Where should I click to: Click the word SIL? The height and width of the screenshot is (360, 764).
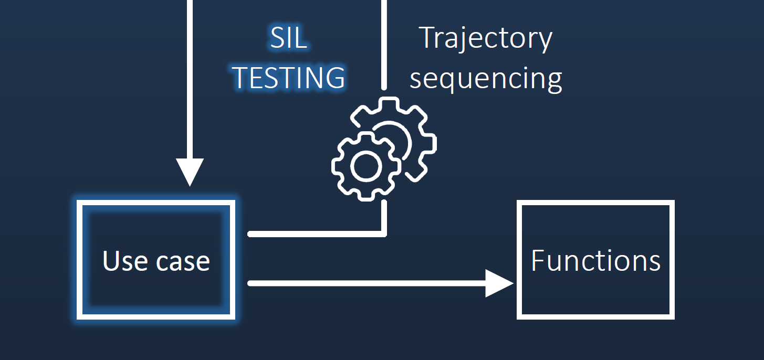[x=289, y=37]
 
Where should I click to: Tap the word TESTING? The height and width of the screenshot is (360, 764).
[x=289, y=78]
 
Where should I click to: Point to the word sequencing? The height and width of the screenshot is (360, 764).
[x=486, y=79]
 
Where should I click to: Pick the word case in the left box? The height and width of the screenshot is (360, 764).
[x=183, y=262]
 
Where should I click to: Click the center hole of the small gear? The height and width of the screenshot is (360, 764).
[x=366, y=166]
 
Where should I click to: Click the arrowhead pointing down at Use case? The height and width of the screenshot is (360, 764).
[x=190, y=172]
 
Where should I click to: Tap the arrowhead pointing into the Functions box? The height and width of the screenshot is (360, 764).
[x=499, y=283]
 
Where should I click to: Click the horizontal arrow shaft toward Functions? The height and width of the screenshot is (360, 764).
[x=367, y=283]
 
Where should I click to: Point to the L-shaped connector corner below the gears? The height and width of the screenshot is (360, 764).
[x=384, y=234]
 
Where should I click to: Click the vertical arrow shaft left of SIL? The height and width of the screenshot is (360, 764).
[x=190, y=79]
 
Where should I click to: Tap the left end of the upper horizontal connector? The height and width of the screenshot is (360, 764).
[x=249, y=234]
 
